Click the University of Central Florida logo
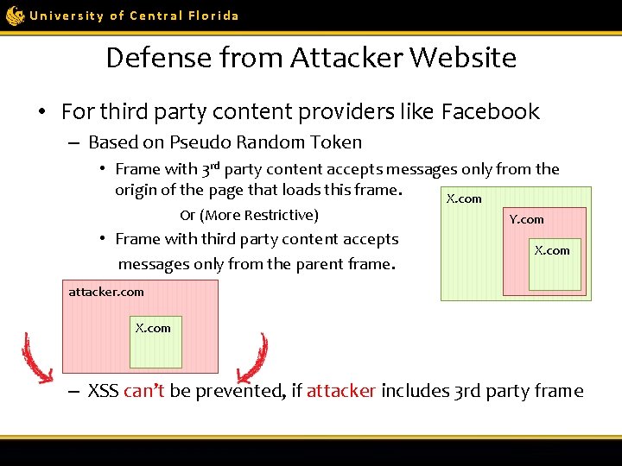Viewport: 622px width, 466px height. click(15, 16)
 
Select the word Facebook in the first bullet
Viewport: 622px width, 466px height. click(490, 112)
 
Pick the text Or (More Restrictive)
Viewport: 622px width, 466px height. click(249, 215)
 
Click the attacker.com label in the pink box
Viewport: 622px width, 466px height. click(106, 292)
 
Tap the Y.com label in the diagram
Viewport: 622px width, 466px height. click(526, 219)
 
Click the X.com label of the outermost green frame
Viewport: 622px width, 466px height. click(464, 198)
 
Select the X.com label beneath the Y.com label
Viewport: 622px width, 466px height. click(552, 250)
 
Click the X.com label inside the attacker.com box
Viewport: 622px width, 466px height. click(153, 328)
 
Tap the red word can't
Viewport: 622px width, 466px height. click(143, 391)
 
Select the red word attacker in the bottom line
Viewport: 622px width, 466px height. click(340, 391)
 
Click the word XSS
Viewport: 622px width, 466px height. click(104, 391)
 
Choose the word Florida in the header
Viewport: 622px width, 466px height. click(213, 16)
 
